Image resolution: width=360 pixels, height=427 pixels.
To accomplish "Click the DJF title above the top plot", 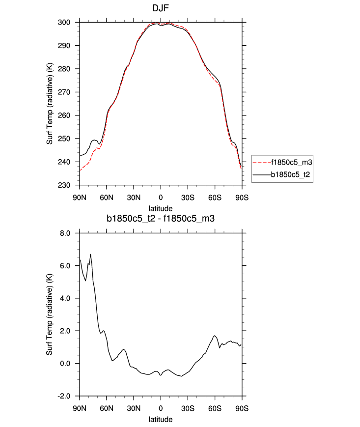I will pyautogui.click(x=161, y=8).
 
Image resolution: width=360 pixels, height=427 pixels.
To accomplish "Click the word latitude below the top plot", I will pyautogui.click(x=161, y=208).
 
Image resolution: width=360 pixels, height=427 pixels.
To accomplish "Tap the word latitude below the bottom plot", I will pyautogui.click(x=161, y=419).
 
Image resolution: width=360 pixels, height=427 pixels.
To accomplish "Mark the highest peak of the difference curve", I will pyautogui.click(x=91, y=254).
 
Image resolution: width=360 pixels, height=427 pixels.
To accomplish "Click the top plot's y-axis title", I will pyautogui.click(x=50, y=104).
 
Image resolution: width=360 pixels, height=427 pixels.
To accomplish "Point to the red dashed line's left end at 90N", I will pyautogui.click(x=80, y=171).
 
